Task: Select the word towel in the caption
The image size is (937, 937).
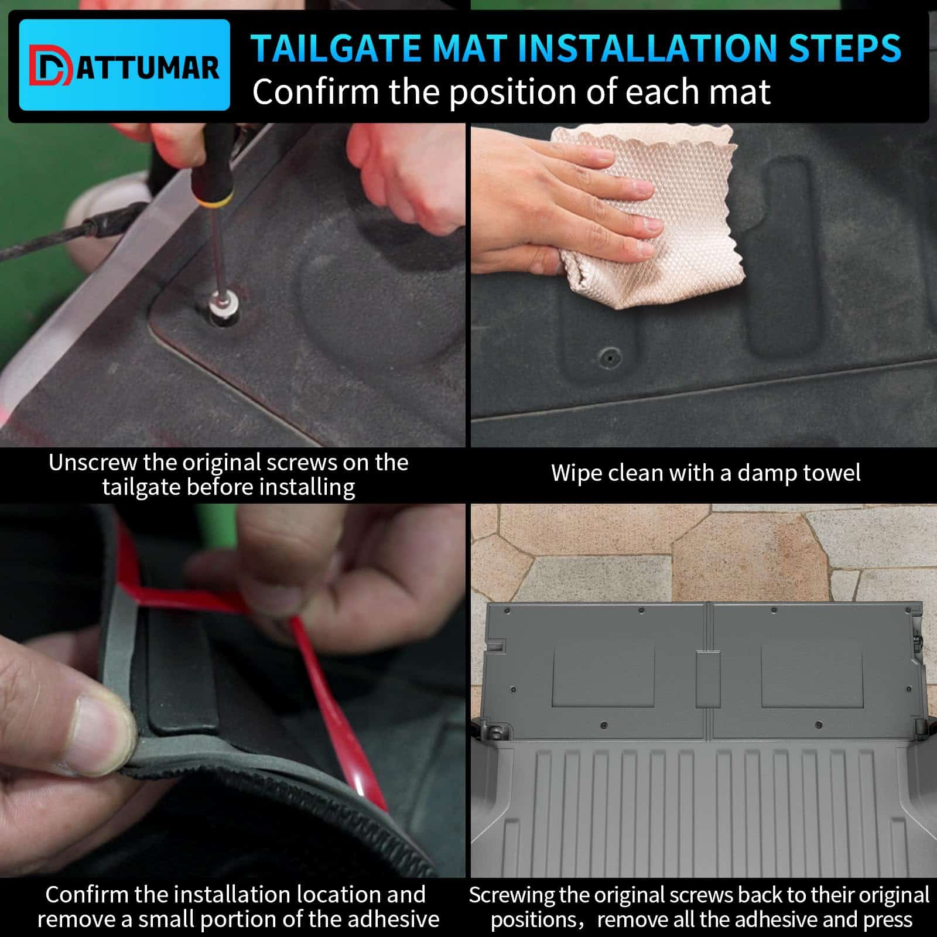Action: [x=831, y=473]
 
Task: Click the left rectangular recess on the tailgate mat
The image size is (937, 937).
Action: [x=604, y=677]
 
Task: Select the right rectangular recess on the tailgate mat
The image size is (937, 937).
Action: [x=812, y=677]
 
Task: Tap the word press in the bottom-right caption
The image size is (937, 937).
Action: [x=888, y=920]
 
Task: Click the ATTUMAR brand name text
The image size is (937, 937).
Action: [x=148, y=69]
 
